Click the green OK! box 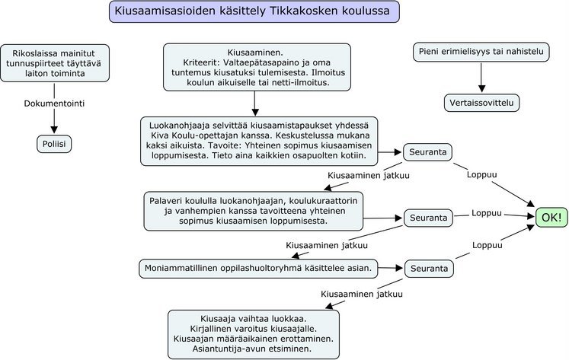(x=551, y=217)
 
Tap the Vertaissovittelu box (x=481, y=102)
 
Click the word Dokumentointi (x=54, y=101)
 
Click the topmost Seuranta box (x=427, y=152)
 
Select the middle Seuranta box (x=428, y=218)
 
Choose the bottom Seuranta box (x=428, y=269)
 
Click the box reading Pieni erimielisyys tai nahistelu (x=481, y=53)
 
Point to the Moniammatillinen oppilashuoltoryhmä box (x=257, y=268)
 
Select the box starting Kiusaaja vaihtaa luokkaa (x=253, y=333)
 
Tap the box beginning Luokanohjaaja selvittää (x=260, y=141)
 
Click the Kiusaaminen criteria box (x=257, y=67)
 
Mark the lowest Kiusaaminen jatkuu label (x=362, y=294)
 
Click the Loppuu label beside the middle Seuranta (x=487, y=212)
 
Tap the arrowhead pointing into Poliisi (x=54, y=130)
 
